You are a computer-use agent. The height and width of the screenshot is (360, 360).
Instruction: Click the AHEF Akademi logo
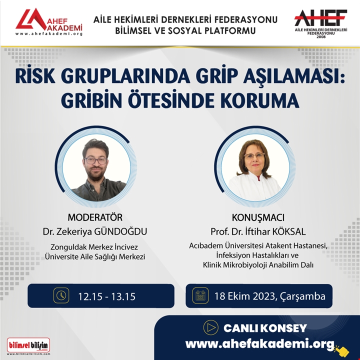click(x=49, y=22)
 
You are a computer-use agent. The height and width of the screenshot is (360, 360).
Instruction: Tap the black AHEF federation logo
click(x=320, y=23)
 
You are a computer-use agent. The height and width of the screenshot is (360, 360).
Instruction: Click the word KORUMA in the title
click(x=260, y=100)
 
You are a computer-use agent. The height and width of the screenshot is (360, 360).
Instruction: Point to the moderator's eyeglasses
click(x=95, y=160)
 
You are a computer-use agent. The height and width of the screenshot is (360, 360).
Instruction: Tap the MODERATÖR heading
click(x=95, y=217)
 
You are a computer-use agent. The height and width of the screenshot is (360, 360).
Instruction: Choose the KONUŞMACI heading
click(x=258, y=217)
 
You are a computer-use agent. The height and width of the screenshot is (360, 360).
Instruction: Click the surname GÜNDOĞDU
click(x=121, y=231)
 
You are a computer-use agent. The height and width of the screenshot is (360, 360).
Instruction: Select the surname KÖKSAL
click(x=289, y=231)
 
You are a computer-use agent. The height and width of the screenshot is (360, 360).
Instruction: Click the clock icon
click(x=61, y=295)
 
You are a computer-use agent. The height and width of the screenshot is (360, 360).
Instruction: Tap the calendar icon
click(x=200, y=295)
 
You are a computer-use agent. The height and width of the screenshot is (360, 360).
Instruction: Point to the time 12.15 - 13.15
click(x=107, y=296)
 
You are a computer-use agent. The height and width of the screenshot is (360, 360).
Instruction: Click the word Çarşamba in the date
click(x=302, y=296)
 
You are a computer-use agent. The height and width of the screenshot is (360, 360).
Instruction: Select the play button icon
click(x=211, y=327)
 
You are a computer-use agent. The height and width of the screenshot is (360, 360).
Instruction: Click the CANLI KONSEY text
click(x=265, y=328)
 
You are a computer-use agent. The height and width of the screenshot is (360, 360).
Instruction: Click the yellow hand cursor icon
click(x=342, y=350)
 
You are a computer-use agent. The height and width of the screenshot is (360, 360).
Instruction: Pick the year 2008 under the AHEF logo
click(x=321, y=36)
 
